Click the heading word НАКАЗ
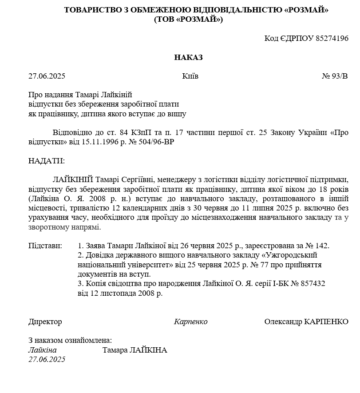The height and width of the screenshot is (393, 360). [x=188, y=57]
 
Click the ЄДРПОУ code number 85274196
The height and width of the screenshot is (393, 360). [x=332, y=38]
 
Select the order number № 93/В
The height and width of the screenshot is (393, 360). [x=335, y=76]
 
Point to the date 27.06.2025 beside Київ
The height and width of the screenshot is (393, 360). [x=47, y=76]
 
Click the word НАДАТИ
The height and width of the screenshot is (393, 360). [x=47, y=161]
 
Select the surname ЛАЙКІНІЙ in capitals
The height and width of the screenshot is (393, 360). [x=73, y=179]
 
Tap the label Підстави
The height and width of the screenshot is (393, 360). [x=45, y=246]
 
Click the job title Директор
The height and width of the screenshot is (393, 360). [x=45, y=322]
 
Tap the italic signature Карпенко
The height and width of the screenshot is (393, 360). [x=190, y=322]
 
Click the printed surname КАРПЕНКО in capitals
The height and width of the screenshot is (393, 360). [x=326, y=322]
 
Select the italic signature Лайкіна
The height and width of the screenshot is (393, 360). [x=43, y=350]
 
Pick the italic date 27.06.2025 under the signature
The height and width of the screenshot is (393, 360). [x=47, y=359]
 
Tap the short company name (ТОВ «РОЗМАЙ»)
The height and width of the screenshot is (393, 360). [x=188, y=19]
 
